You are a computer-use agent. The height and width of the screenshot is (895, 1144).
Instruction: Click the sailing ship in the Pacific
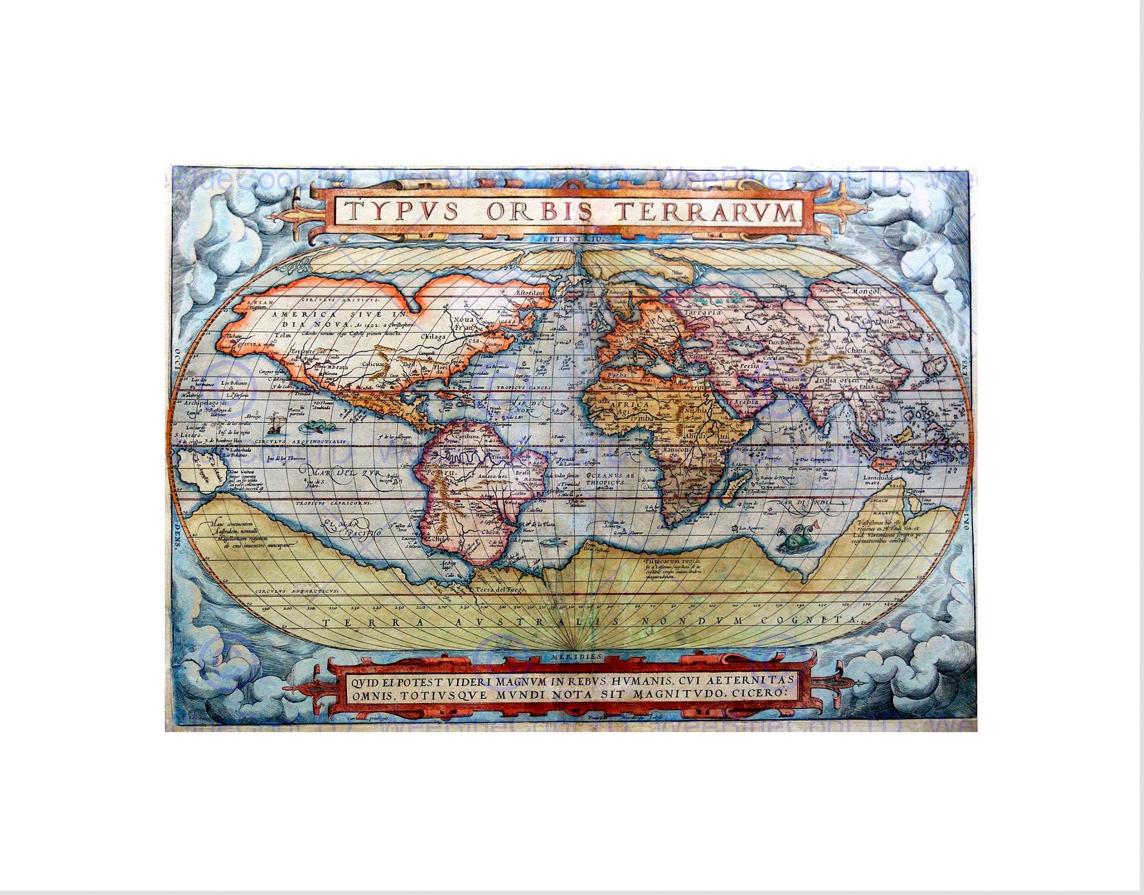(x=274, y=425)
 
